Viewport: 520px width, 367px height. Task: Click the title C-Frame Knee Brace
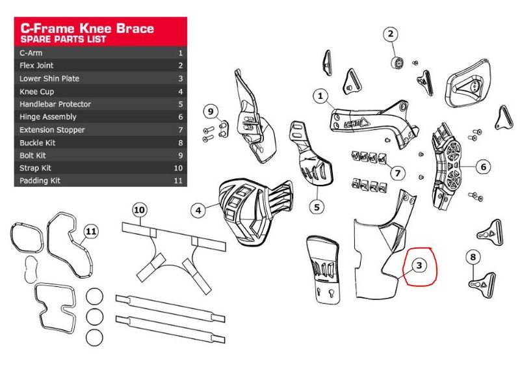tap(87, 28)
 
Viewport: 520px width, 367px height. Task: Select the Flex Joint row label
tap(36, 66)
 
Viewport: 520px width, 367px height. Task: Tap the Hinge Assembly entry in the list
tap(48, 117)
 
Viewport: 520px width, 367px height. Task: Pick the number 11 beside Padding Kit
tap(178, 181)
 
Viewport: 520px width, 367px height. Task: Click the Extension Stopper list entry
tap(52, 129)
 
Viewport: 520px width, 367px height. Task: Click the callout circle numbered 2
tap(391, 34)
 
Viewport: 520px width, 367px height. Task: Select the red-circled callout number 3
tap(420, 265)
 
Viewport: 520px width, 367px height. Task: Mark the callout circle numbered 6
tap(484, 167)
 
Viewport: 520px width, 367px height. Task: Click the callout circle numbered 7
tap(398, 173)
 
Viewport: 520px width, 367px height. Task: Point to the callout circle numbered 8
tap(473, 258)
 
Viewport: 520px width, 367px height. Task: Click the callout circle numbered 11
tap(92, 230)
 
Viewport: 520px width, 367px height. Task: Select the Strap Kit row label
tap(34, 168)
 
